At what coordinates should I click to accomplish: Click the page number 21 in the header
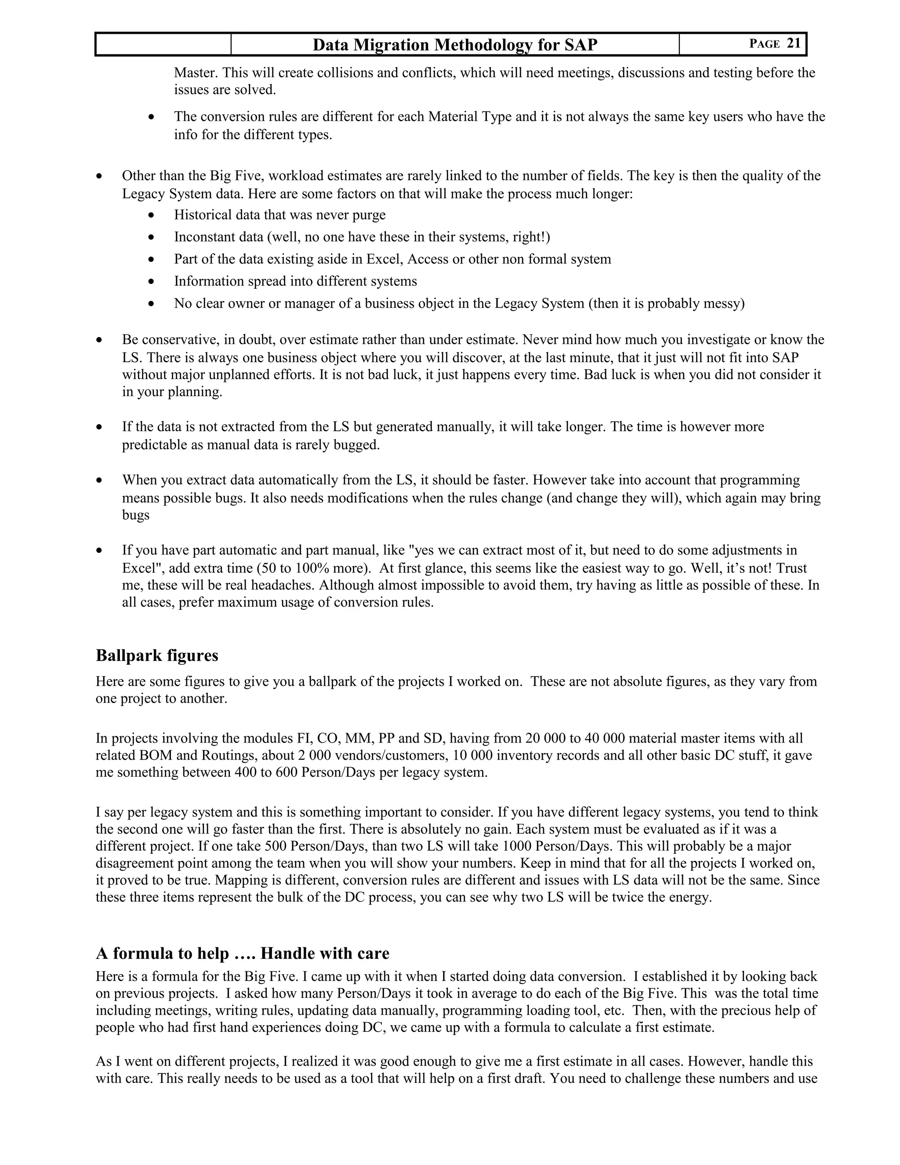pyautogui.click(x=793, y=43)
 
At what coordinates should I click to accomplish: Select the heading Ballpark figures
pyautogui.click(x=157, y=655)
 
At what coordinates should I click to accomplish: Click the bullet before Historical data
pyautogui.click(x=152, y=215)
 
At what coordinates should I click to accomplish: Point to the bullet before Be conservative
pyautogui.click(x=99, y=340)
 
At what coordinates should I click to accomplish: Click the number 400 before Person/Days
pyautogui.click(x=245, y=772)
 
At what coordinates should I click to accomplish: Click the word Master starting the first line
pyautogui.click(x=195, y=73)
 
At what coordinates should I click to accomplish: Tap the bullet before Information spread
pyautogui.click(x=152, y=282)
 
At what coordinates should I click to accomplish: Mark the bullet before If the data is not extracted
pyautogui.click(x=99, y=427)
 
